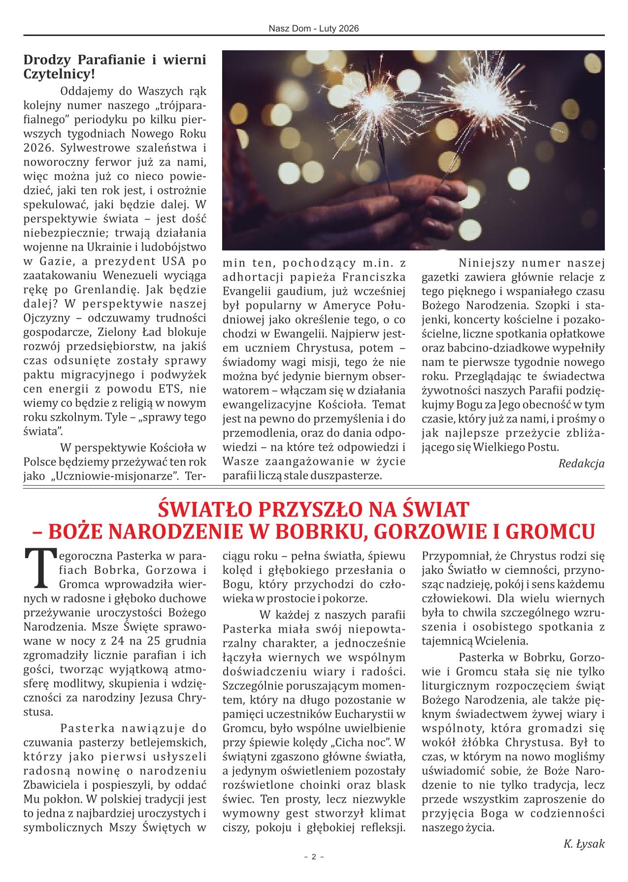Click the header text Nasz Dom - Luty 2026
click(314, 29)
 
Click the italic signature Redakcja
click(581, 463)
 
